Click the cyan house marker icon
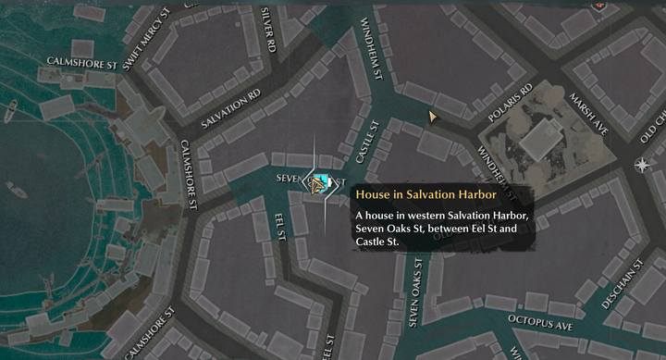coord(322,182)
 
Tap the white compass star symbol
coord(642,165)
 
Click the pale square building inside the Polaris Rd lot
coord(537,139)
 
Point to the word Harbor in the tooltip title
coord(478,195)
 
